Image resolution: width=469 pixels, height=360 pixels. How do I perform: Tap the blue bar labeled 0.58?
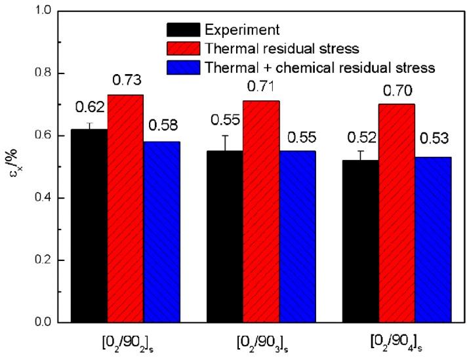pyautogui.click(x=161, y=231)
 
